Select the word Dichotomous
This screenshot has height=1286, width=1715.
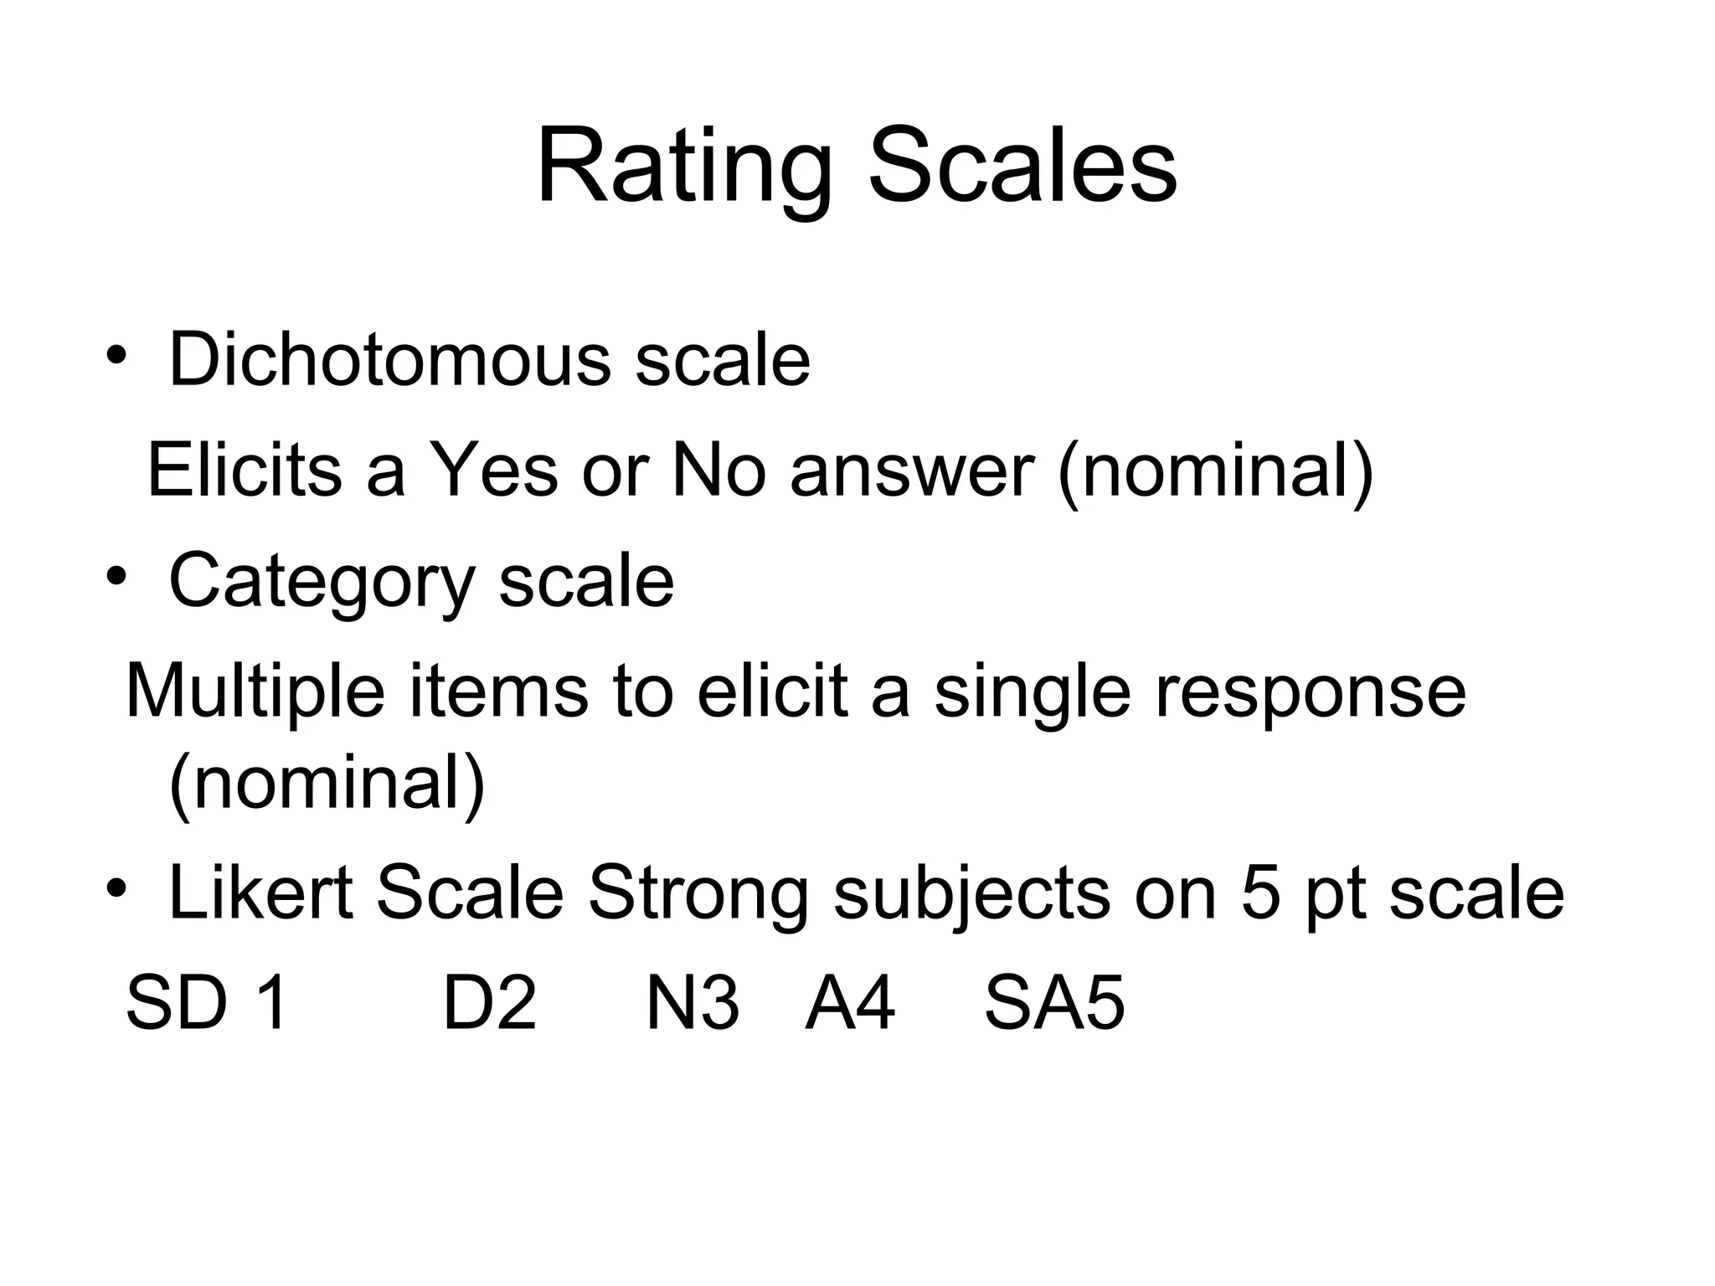pos(390,360)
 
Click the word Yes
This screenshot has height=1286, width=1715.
pos(493,470)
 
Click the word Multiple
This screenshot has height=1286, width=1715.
pos(255,693)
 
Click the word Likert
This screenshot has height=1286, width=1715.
pos(260,893)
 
